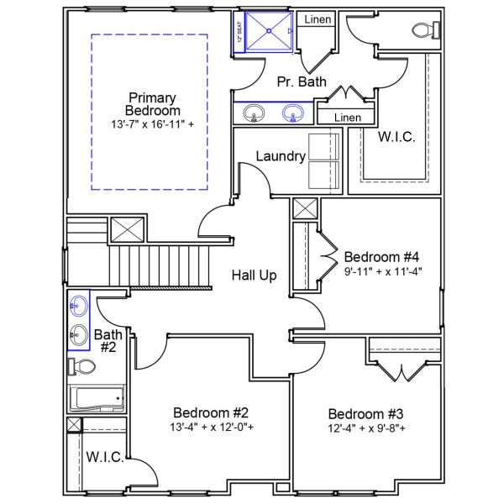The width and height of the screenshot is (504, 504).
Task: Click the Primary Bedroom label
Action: (152, 104)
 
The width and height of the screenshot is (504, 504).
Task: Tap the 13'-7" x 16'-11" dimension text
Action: (152, 125)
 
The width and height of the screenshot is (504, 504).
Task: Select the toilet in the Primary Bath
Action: (425, 30)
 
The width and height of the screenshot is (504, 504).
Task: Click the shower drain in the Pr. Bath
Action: (270, 32)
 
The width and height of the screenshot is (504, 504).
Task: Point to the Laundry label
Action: (280, 156)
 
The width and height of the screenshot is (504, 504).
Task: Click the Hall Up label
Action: (255, 275)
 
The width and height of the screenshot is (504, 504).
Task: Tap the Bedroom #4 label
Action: (381, 256)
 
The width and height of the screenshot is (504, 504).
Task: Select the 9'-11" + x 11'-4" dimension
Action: (381, 270)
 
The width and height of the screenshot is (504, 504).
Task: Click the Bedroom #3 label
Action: (366, 414)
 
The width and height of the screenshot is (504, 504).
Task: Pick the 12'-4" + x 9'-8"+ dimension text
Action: (366, 428)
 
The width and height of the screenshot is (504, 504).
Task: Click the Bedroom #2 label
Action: (211, 412)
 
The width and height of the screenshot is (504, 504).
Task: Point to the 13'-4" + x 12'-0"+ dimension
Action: (211, 427)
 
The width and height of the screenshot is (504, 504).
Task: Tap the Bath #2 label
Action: (108, 340)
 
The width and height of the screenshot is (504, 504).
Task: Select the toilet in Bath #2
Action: (81, 366)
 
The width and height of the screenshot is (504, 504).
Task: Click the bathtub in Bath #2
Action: (97, 399)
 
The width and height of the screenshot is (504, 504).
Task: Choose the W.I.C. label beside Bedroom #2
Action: (105, 458)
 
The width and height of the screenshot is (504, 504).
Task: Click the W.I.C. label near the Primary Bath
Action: (396, 137)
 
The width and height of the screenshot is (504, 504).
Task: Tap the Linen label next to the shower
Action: (318, 19)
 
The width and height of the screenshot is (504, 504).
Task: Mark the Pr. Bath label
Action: (297, 81)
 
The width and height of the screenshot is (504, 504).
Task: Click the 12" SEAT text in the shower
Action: (239, 33)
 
